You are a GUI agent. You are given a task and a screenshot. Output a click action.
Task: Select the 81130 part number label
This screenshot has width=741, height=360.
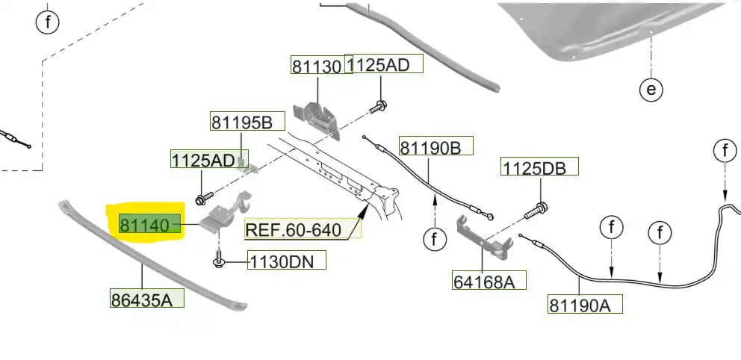(x=317, y=66)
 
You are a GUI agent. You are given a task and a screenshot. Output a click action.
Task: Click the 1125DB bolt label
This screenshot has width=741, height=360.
(x=539, y=168)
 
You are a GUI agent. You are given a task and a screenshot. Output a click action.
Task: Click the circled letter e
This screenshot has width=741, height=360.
(x=651, y=90)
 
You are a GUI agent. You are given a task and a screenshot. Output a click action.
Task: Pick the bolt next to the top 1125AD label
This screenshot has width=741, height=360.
(x=380, y=105)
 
